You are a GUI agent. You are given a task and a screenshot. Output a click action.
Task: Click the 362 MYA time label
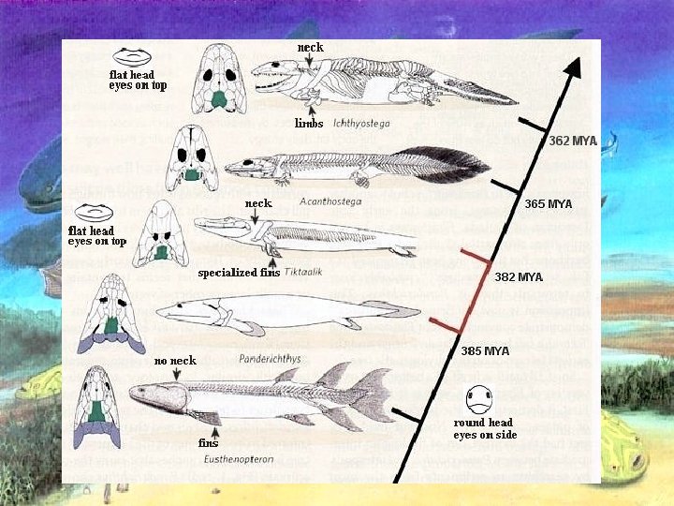[x=572, y=141]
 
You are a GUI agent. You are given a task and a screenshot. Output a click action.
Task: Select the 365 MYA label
[x=548, y=203]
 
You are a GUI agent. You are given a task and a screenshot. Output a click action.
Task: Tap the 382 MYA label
[x=518, y=277]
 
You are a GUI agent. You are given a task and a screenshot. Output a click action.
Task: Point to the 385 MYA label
[x=485, y=351]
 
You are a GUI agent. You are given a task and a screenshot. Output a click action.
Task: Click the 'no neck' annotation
[x=175, y=361]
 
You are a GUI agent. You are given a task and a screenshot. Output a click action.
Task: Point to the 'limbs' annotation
[x=309, y=123]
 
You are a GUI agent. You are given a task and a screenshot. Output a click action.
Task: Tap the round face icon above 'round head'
[x=478, y=400]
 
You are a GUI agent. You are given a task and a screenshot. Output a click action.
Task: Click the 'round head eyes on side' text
[x=485, y=429]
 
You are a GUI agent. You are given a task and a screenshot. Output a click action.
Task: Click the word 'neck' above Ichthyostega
[x=310, y=47]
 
